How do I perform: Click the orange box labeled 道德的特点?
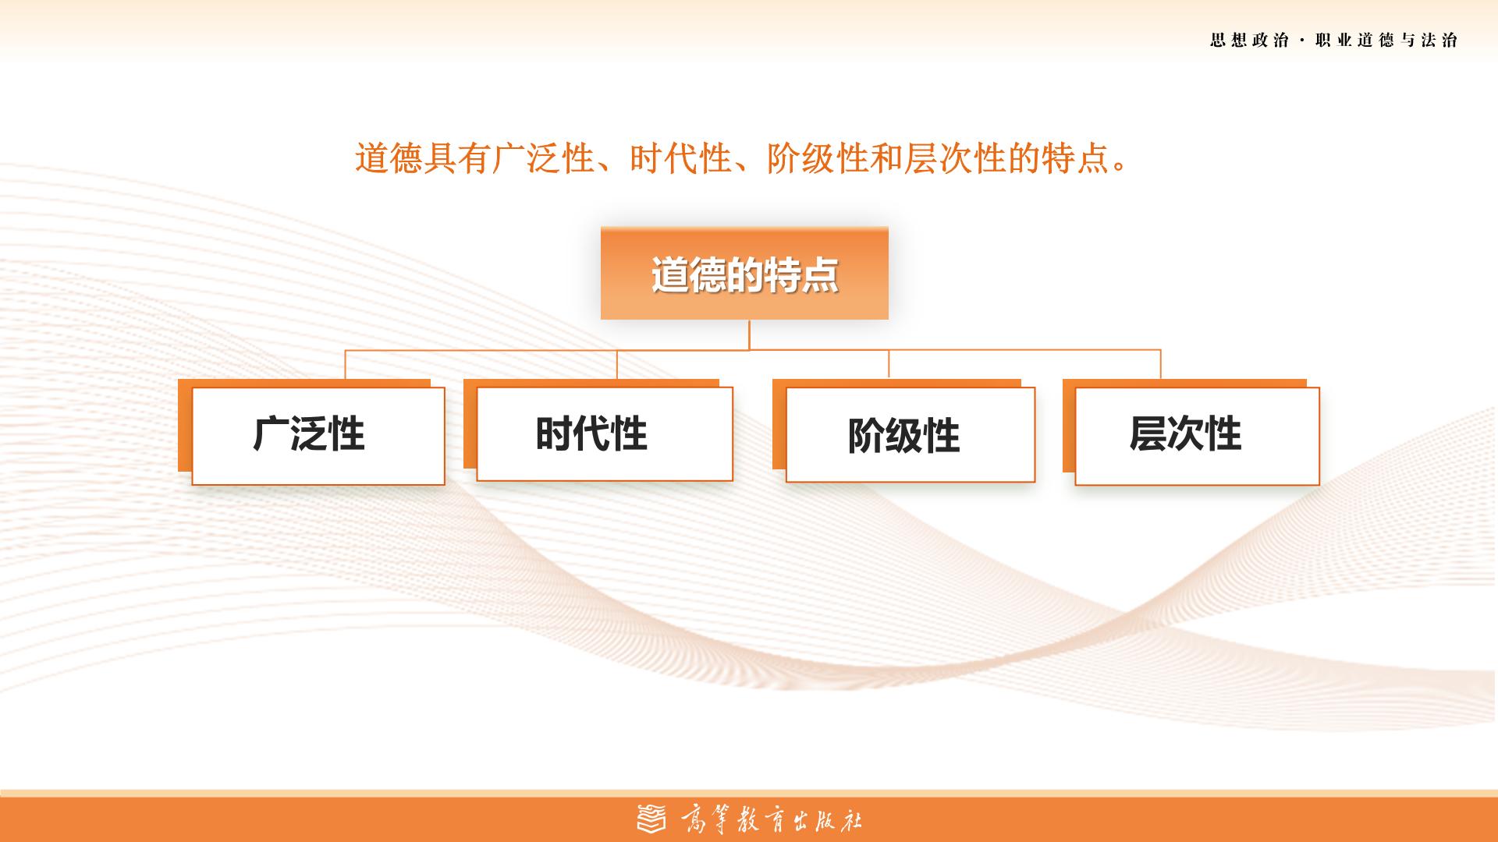(744, 273)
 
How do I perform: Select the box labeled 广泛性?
(318, 436)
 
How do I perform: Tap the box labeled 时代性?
(604, 433)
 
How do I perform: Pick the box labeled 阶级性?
(910, 434)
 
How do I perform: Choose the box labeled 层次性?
(1197, 436)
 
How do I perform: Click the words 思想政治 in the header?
(1250, 41)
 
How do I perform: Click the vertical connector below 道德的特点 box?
(749, 334)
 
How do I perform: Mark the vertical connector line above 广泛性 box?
(346, 365)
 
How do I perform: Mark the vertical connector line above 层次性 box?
(1160, 365)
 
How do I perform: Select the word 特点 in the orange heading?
(1075, 159)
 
